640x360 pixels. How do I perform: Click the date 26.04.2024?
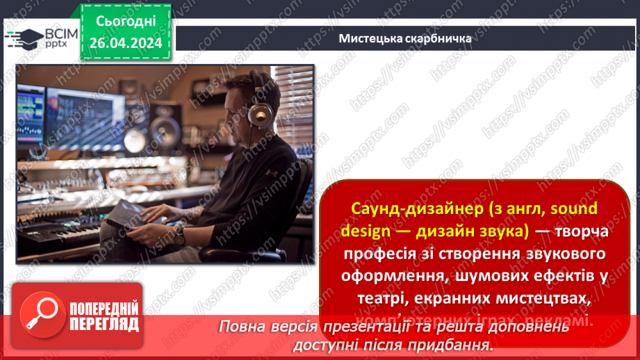125,42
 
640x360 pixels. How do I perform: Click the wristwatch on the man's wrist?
179,236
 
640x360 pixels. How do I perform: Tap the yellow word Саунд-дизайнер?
402,208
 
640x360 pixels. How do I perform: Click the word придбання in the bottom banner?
459,344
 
